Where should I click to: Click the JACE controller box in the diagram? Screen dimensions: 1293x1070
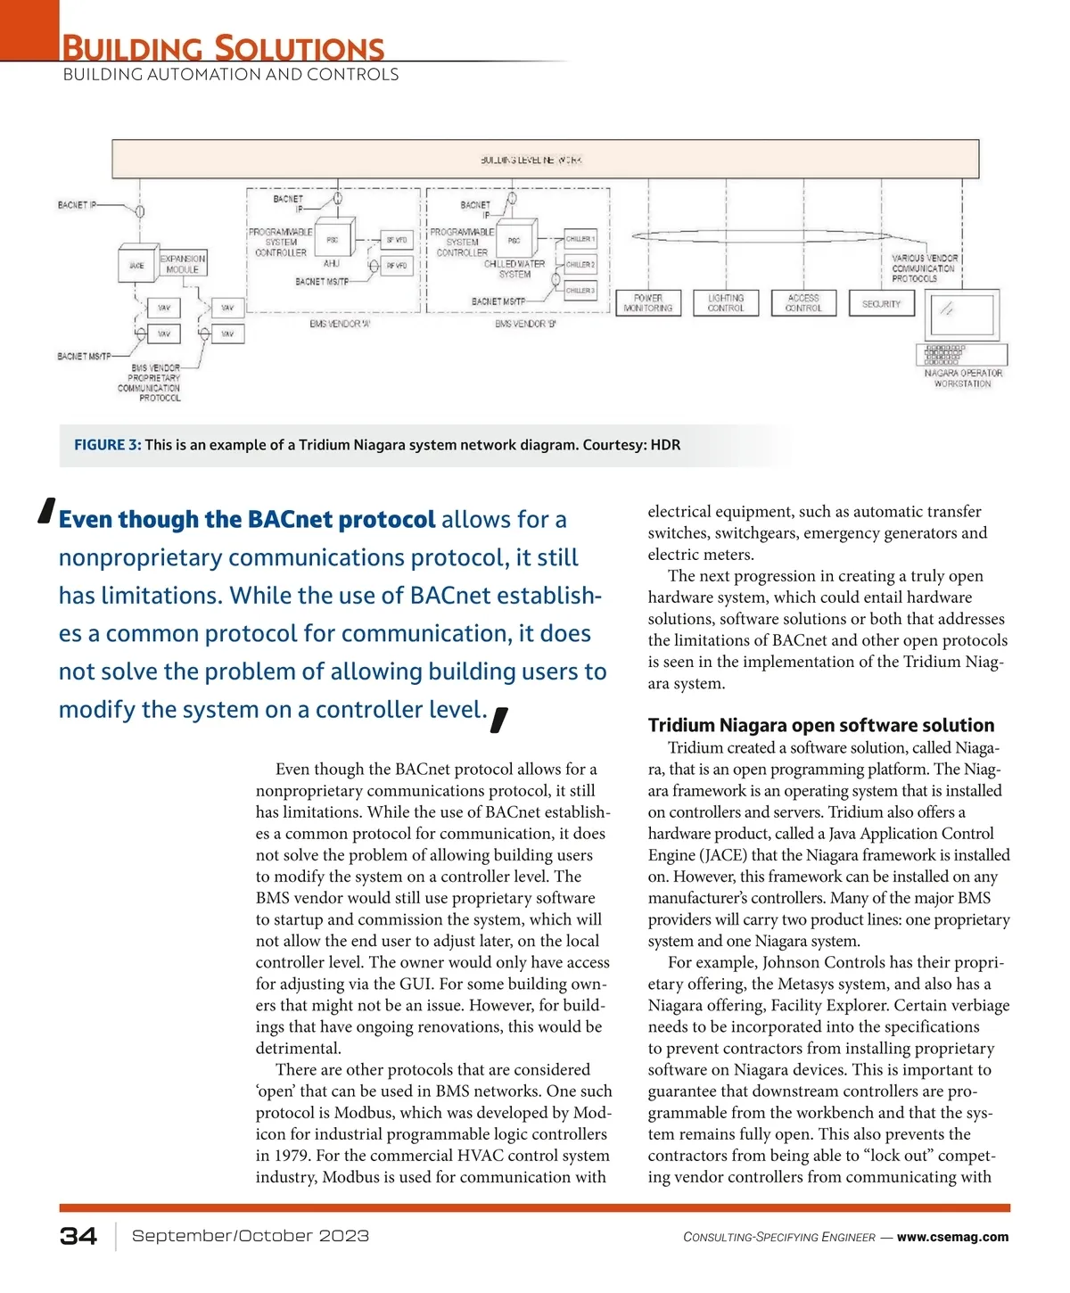click(136, 266)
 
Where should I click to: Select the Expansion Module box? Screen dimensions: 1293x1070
click(183, 264)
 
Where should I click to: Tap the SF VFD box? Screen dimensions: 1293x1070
click(397, 240)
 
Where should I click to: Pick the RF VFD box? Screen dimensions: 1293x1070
click(397, 266)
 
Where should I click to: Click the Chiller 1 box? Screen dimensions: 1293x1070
click(580, 239)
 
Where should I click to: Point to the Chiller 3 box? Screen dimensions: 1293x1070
click(580, 291)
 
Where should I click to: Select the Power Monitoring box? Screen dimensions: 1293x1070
click(648, 303)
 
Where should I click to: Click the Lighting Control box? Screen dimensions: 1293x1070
click(726, 303)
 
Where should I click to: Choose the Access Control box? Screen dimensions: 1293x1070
click(803, 303)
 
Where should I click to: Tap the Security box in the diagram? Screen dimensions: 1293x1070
click(881, 303)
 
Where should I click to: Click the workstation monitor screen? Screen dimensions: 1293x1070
click(962, 312)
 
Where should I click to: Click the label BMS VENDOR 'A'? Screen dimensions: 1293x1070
click(340, 324)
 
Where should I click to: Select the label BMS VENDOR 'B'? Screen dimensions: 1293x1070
click(525, 324)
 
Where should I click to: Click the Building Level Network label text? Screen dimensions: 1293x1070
click(531, 161)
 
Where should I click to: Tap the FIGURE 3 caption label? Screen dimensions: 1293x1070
click(107, 445)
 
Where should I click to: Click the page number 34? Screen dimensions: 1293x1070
click(78, 1236)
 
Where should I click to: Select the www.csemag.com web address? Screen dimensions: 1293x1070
click(952, 1237)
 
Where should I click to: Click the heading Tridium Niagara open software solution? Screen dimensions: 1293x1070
click(821, 725)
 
